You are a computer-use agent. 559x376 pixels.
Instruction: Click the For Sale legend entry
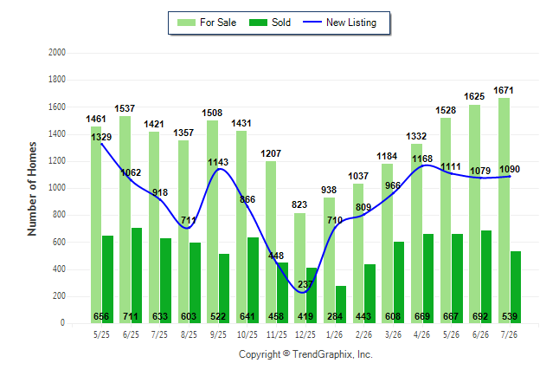click(207, 23)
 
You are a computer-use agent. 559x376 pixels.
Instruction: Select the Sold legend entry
click(270, 23)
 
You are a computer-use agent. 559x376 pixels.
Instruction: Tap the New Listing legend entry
click(340, 23)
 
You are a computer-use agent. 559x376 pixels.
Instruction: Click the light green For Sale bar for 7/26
click(504, 211)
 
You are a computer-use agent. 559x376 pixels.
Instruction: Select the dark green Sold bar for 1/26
click(341, 305)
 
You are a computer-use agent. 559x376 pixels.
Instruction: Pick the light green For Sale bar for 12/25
click(299, 269)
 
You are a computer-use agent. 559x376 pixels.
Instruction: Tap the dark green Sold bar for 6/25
click(137, 276)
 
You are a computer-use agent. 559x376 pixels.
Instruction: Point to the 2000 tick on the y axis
click(57, 53)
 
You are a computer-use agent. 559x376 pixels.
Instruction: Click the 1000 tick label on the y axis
click(57, 187)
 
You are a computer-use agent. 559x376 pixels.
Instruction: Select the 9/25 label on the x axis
click(218, 334)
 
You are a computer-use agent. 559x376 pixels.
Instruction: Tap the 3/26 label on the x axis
click(393, 334)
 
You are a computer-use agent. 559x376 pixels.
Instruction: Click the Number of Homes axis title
click(32, 189)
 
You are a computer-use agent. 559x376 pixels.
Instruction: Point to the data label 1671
click(504, 91)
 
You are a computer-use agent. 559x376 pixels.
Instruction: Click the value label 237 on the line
click(305, 284)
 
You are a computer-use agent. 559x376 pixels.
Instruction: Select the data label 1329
click(101, 137)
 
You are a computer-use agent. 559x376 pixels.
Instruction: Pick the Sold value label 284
click(335, 316)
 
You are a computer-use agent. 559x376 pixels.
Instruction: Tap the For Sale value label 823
click(299, 204)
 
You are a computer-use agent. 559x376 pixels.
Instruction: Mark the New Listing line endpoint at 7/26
click(510, 176)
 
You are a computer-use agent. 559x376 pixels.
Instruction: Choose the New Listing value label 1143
click(218, 162)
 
